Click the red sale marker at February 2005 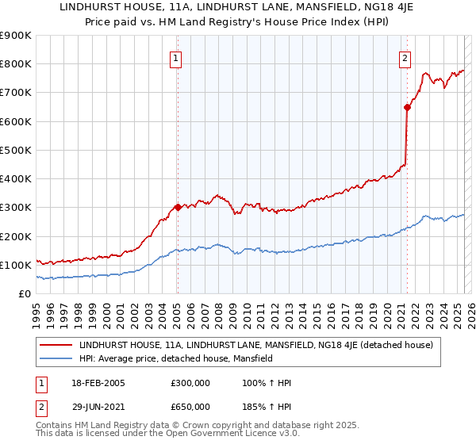[x=178, y=207]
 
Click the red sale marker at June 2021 [x=407, y=106]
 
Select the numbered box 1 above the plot [x=175, y=57]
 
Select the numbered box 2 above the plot [x=405, y=57]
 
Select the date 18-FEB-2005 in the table [x=98, y=383]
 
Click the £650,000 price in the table [x=190, y=407]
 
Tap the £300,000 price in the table [x=190, y=383]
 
